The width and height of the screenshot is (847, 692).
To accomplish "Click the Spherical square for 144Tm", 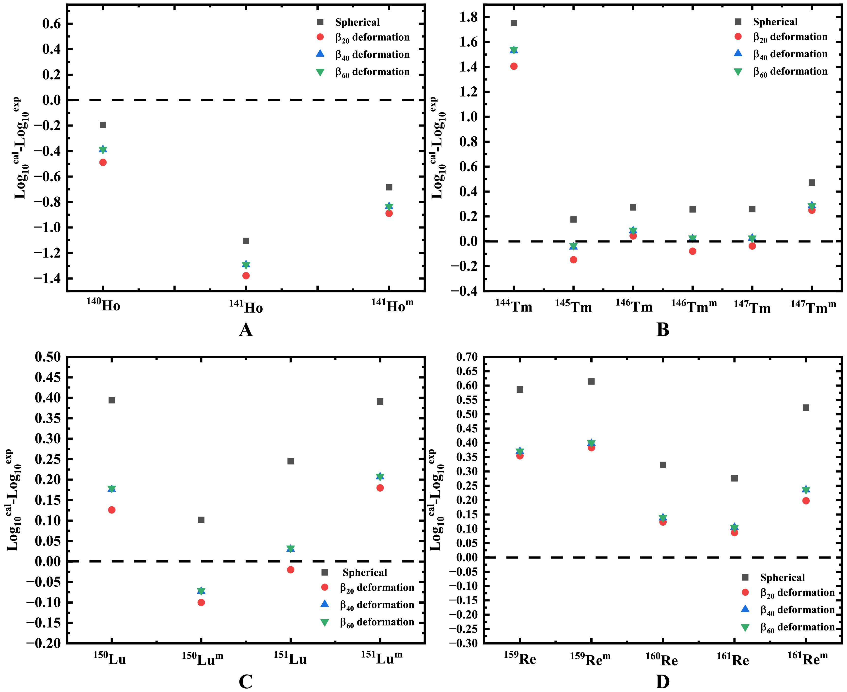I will (514, 23).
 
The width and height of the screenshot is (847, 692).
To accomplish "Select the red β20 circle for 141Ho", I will (246, 275).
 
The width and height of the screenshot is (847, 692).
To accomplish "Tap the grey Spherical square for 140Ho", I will (103, 125).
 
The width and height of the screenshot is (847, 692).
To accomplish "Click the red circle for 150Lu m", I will (201, 602).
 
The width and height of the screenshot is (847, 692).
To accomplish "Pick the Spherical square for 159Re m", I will (591, 382).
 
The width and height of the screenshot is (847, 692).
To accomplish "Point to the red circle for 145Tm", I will (573, 259).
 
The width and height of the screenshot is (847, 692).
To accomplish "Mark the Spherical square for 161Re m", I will (806, 407).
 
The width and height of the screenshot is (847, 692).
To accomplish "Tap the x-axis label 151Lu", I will (290, 659).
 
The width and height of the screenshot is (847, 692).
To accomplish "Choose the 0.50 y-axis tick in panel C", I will (48, 357).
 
